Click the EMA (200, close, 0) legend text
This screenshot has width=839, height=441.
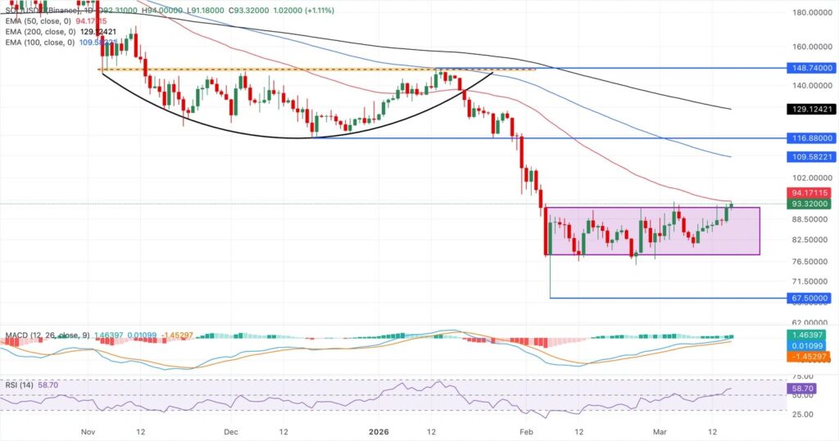tap(37, 31)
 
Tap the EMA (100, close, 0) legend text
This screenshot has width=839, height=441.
tap(37, 42)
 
